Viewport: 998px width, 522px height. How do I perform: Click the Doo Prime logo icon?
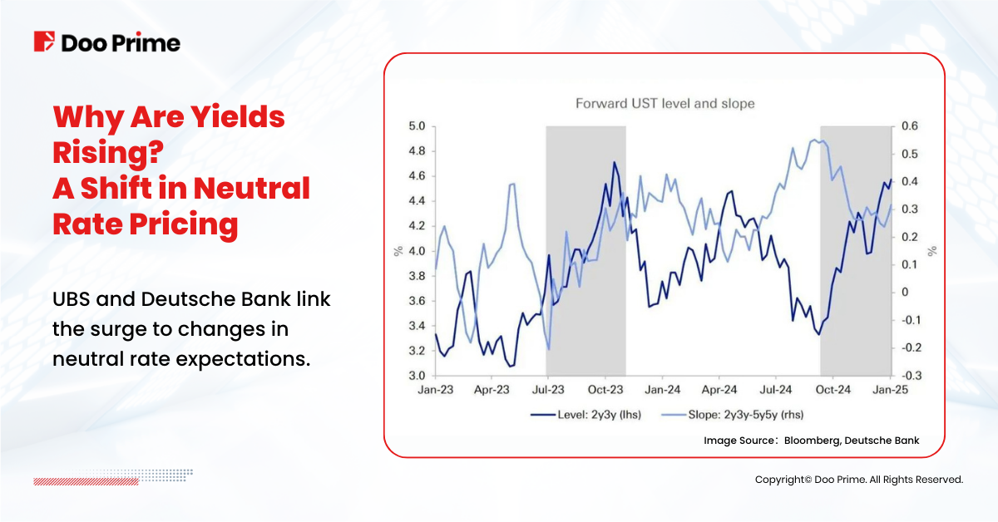(x=44, y=42)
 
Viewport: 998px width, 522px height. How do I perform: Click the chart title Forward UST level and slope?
(x=665, y=104)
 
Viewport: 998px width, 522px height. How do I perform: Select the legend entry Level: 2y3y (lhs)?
(x=586, y=413)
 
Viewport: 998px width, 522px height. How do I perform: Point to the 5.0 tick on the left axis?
(x=416, y=126)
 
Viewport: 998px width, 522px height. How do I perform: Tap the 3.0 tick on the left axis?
(x=416, y=376)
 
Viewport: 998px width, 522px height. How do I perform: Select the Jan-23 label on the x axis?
(x=435, y=389)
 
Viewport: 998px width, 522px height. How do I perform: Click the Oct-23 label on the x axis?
(x=605, y=389)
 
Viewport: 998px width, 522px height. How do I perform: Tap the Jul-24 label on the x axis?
(x=776, y=389)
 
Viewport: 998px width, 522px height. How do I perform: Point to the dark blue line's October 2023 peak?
(x=614, y=162)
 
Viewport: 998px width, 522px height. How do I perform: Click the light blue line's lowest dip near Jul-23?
(x=549, y=348)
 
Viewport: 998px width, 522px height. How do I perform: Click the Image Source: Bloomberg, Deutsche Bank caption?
(x=811, y=440)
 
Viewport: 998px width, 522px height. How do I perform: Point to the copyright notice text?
(x=858, y=480)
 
